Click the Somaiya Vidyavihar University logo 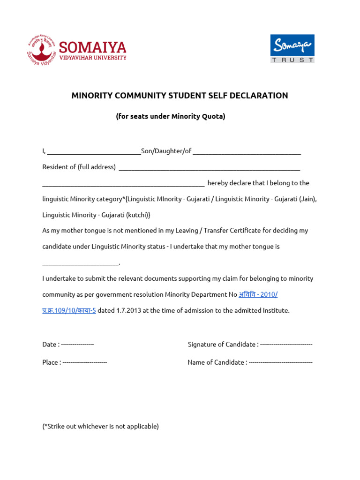click(x=76, y=50)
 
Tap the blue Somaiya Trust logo click(x=292, y=48)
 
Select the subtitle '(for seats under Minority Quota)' click(x=171, y=116)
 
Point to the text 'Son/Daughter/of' click(x=166, y=151)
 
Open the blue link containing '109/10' click(x=69, y=310)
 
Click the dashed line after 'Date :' click(x=78, y=345)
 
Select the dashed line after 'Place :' click(x=85, y=362)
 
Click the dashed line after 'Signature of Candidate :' click(x=286, y=345)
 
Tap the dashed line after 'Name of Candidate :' click(x=280, y=362)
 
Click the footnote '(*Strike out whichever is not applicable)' click(x=101, y=427)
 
